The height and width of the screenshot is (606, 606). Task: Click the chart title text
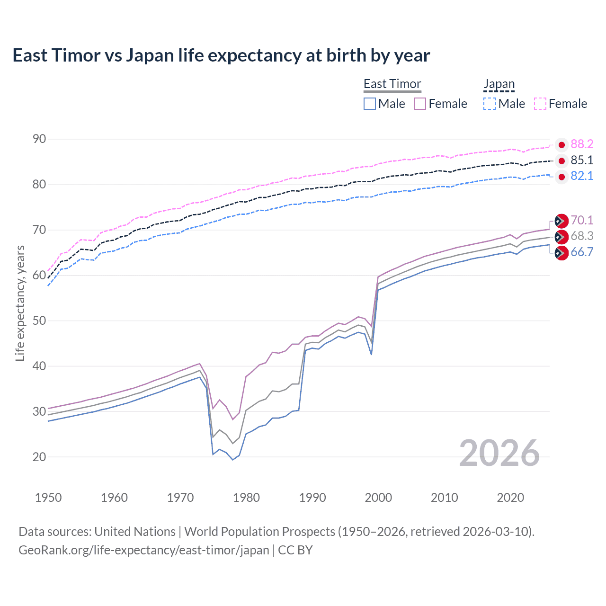[221, 55]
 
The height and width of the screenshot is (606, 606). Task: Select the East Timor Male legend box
[370, 104]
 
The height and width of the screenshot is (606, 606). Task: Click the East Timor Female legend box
[420, 104]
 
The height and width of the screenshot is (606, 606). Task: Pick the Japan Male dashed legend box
[490, 104]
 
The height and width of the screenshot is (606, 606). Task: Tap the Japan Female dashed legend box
[540, 104]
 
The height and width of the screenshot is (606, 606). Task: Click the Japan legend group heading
[499, 84]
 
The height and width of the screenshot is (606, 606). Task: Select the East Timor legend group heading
[392, 84]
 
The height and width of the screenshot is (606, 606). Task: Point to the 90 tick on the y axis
[39, 139]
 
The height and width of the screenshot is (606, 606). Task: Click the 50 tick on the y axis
[39, 321]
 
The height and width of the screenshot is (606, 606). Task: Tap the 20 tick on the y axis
[39, 457]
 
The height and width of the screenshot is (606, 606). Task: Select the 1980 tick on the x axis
[246, 498]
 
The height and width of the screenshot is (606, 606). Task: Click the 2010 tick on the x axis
[444, 498]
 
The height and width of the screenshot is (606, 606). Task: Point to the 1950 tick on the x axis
[48, 498]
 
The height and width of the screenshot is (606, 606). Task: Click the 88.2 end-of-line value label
[582, 144]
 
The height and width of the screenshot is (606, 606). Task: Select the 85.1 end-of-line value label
[582, 160]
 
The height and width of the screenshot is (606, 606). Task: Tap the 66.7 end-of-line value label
[582, 252]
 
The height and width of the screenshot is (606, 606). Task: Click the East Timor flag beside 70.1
[561, 221]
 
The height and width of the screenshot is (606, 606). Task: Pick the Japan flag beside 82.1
[561, 177]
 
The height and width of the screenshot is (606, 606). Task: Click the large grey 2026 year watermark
[499, 453]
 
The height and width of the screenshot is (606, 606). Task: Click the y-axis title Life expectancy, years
[20, 303]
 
